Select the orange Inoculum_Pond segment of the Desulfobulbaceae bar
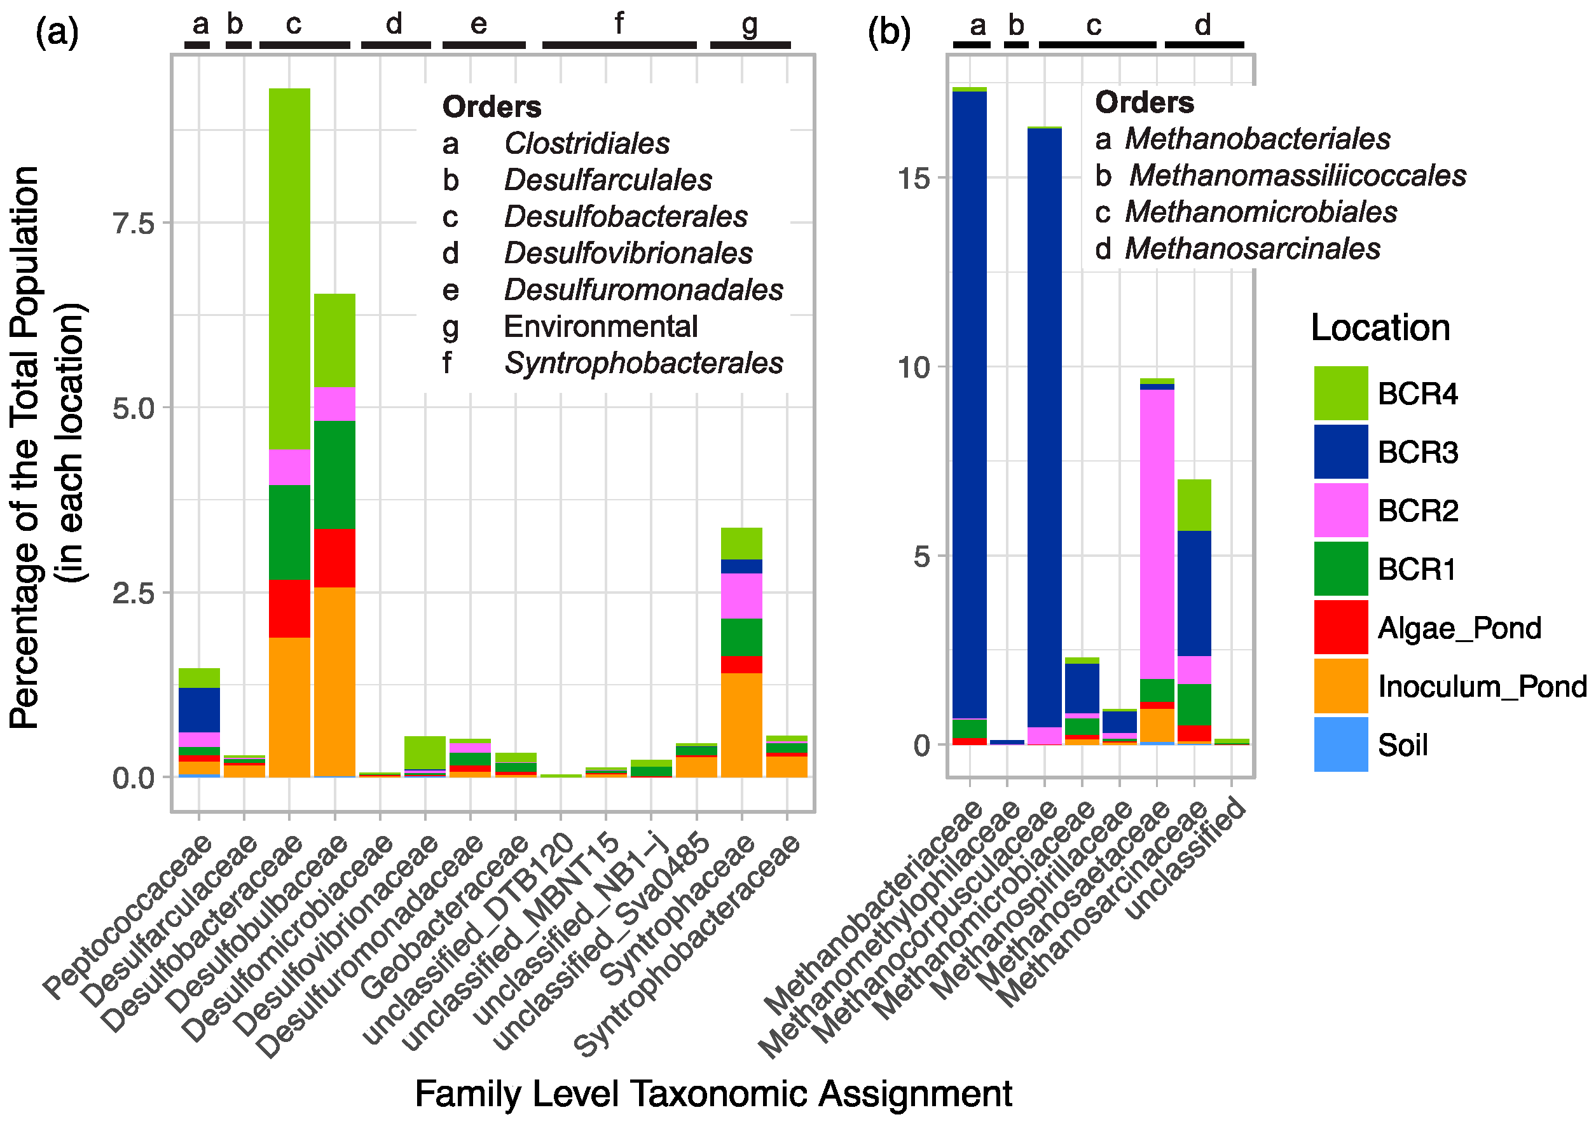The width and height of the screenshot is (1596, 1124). [334, 682]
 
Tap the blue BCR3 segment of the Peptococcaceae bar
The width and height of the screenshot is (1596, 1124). [199, 709]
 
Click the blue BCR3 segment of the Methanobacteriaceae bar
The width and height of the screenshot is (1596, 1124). [969, 403]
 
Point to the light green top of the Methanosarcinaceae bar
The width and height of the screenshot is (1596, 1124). [1194, 505]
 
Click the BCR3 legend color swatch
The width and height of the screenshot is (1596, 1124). [1340, 452]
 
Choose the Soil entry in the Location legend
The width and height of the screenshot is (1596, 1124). [1402, 745]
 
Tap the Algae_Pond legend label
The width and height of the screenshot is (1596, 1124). [1459, 627]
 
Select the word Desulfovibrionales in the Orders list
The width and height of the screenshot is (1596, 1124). [628, 253]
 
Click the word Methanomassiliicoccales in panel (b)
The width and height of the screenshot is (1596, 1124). [1297, 175]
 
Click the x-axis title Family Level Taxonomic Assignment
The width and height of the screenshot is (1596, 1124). [713, 1093]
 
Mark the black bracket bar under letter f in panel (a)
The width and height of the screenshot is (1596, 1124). [619, 45]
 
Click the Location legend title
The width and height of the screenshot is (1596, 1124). [1380, 327]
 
